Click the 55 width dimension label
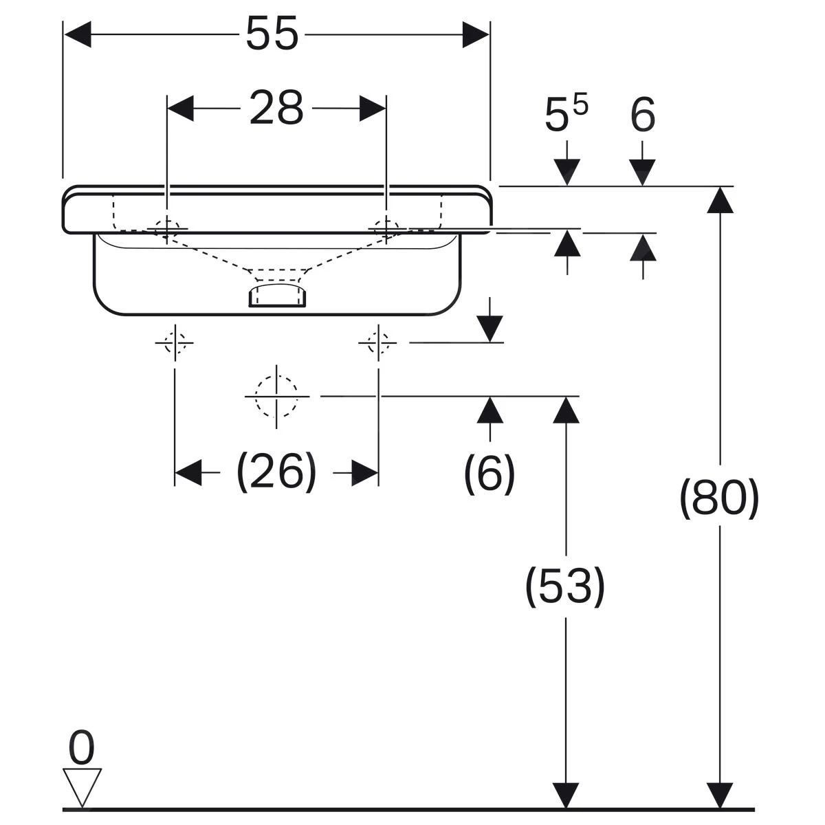(x=272, y=34)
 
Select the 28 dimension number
(x=276, y=109)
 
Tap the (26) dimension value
(x=276, y=473)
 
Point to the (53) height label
(x=565, y=586)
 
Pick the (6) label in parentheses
(x=489, y=473)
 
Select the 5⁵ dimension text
(x=566, y=114)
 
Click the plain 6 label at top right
(x=643, y=115)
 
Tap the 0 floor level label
(x=82, y=749)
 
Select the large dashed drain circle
(x=276, y=396)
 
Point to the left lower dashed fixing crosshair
(x=175, y=342)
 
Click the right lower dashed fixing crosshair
(x=377, y=342)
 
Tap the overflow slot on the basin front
(x=278, y=296)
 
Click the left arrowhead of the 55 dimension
(x=77, y=34)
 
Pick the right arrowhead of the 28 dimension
(x=373, y=109)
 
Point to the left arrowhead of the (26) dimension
(x=188, y=473)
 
